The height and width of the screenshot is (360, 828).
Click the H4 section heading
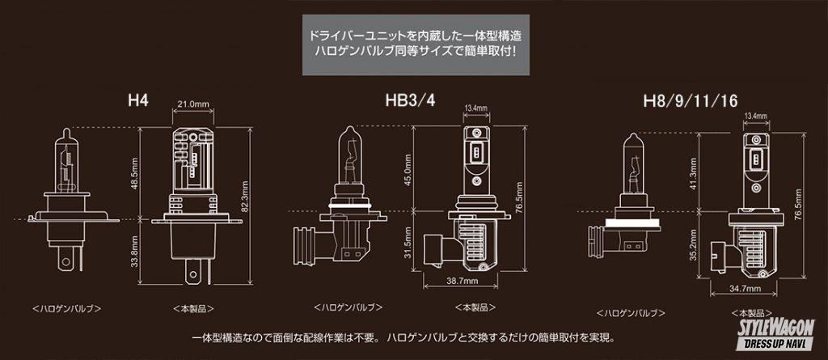pos(138,100)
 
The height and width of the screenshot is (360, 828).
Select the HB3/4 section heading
pos(410,100)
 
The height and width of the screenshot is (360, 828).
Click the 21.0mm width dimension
pos(192,104)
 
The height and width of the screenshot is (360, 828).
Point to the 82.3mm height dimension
pos(245,196)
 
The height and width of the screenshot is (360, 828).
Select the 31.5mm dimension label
pos(408,242)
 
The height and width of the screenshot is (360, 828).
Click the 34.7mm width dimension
pos(744,289)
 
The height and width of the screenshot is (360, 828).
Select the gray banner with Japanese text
pos(416,45)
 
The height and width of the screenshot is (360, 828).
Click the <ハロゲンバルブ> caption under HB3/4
pos(348,307)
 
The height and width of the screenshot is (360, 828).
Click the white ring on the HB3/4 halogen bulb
pos(348,205)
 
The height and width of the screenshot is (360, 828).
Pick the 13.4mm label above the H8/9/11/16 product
pos(756,116)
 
